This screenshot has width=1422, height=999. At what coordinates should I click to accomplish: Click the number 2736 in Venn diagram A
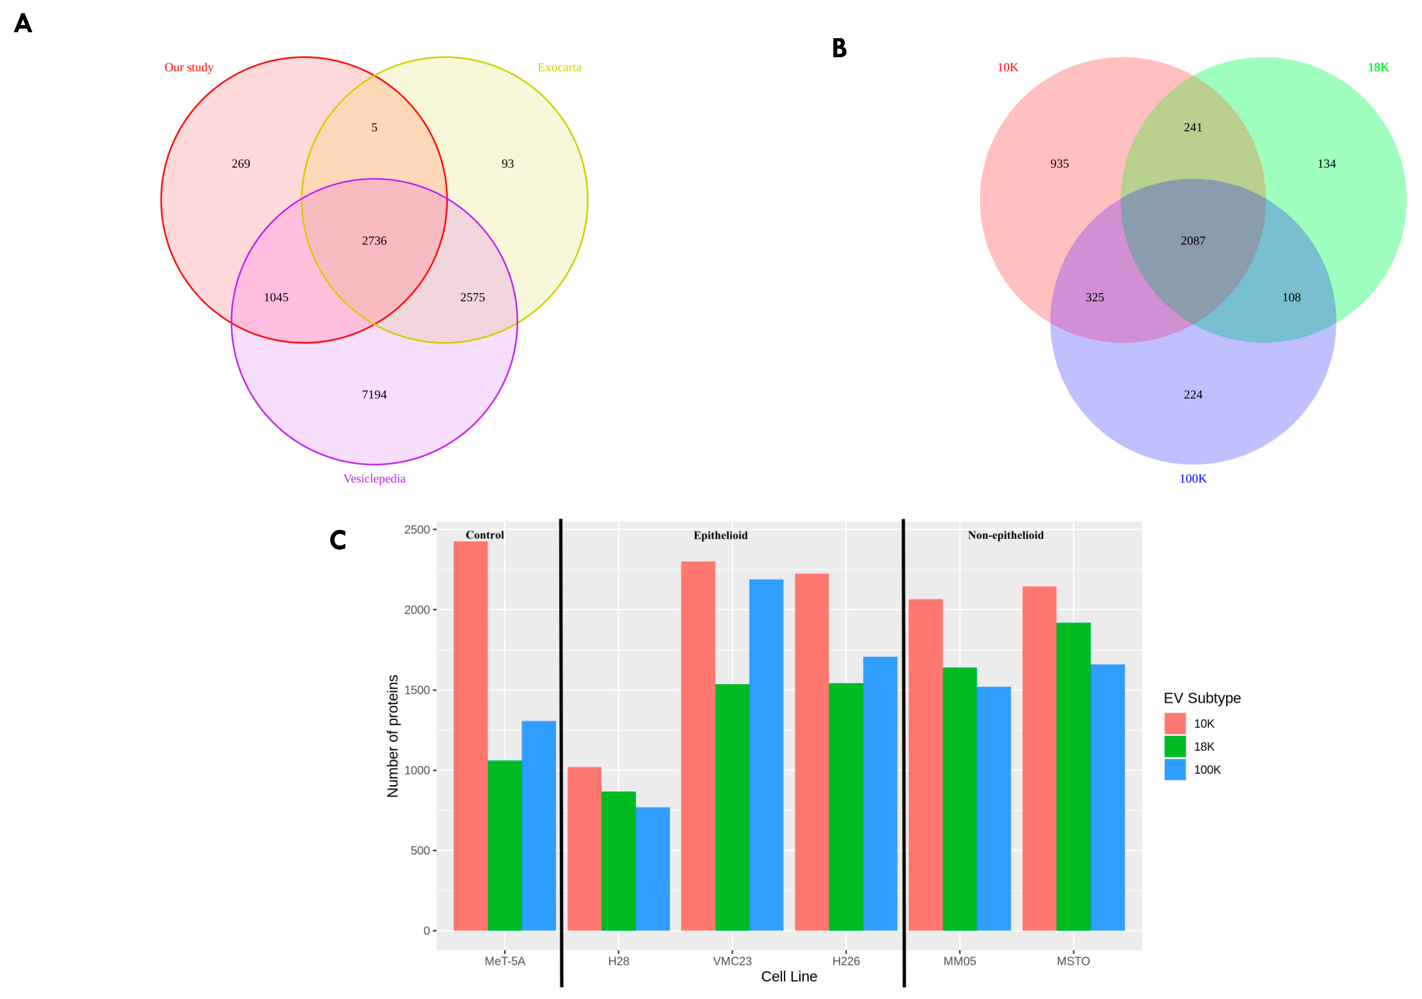(x=374, y=241)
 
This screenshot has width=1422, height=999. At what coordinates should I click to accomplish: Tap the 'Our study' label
(x=188, y=67)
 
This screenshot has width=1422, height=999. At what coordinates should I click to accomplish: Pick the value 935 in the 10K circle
(x=1059, y=164)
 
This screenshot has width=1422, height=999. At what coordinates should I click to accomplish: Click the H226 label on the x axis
(x=846, y=961)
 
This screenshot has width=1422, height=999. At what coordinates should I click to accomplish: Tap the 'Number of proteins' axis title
(x=393, y=736)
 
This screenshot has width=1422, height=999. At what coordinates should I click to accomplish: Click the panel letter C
(x=337, y=540)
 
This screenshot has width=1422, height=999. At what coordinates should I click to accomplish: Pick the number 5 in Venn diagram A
(x=374, y=128)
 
